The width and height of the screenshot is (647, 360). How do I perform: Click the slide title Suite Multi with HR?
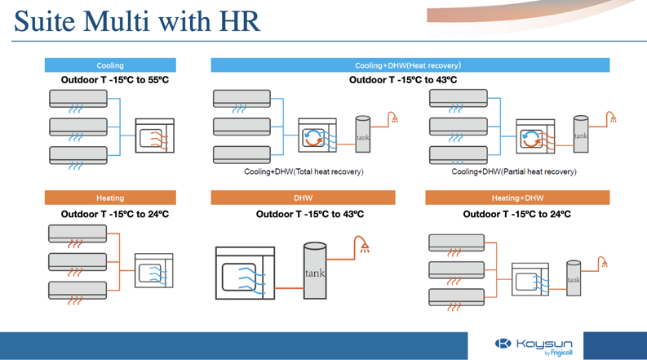136,21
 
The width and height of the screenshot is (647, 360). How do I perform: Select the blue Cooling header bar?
110,65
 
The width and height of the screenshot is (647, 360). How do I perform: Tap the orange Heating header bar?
110,198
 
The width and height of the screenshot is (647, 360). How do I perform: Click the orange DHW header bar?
303,198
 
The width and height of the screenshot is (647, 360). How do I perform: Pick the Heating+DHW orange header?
517,198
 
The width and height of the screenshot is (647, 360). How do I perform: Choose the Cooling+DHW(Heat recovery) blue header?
410,65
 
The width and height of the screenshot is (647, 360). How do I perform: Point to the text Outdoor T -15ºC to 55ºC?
115,80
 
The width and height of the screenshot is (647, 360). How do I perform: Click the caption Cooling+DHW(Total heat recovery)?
304,171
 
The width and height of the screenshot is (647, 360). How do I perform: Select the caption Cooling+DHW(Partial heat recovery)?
514,171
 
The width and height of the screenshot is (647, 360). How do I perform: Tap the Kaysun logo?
534,345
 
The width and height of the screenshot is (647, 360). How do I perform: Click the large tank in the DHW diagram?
315,272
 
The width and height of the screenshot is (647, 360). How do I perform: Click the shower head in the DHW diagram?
364,245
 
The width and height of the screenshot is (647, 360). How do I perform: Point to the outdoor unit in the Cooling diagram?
154,136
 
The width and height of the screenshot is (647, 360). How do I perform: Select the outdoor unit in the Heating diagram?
153,271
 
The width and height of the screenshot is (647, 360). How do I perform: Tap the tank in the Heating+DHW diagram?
574,278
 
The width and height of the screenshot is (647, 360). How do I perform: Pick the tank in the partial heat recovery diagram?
580,135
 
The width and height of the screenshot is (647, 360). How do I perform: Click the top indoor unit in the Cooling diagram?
78,99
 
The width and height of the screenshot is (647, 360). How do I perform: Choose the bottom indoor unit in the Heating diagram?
78,290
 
